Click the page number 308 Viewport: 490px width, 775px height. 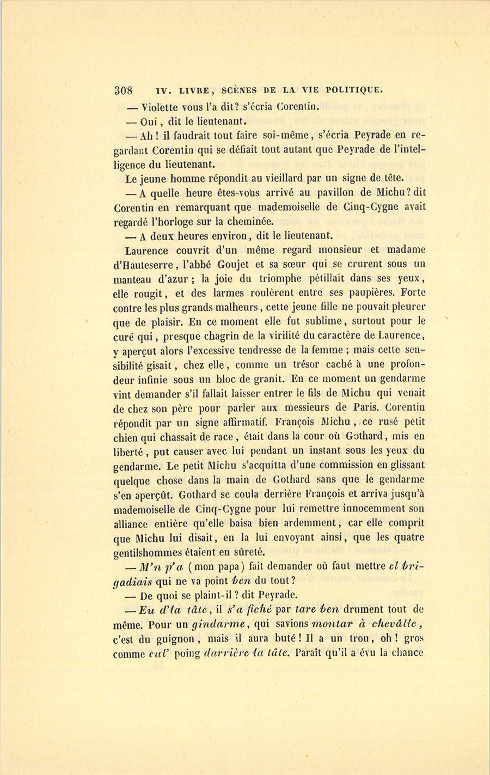[125, 90]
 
